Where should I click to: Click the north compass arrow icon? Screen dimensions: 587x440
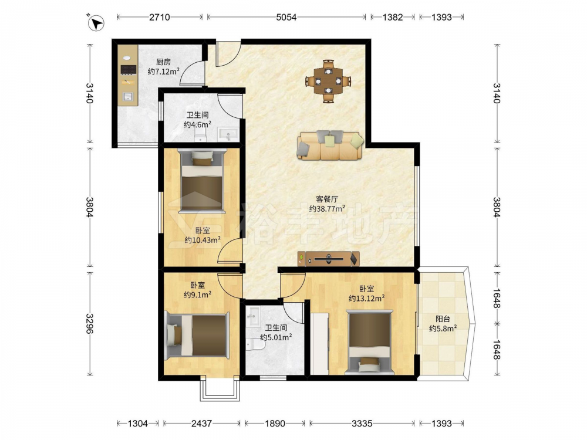point(96,23)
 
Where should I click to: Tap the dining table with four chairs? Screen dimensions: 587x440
point(328,81)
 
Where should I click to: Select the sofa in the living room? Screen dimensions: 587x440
point(330,145)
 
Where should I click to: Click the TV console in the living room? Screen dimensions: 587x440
point(329,259)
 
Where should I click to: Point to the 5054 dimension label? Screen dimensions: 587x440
point(286,17)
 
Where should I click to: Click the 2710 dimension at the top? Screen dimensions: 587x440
point(160,17)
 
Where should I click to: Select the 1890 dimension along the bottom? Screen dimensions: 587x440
point(275,424)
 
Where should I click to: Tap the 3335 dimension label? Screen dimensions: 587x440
point(362,424)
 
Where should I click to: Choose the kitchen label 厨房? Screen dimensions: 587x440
point(163,62)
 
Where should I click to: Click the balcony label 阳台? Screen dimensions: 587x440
point(443,319)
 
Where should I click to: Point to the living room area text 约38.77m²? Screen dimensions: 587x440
point(327,208)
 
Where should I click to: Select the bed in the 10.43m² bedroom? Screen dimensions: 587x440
point(202,180)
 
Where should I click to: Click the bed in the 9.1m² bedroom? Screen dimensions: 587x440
point(197,334)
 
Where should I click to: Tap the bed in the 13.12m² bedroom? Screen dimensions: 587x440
point(369,342)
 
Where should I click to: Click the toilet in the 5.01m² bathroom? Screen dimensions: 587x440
point(255,343)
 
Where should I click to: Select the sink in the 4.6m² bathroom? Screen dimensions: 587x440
point(228,134)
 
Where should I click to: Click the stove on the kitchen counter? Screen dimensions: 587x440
point(129,70)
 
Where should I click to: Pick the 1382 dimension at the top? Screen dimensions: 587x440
point(393,17)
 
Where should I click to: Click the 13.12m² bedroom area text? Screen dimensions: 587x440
point(367,298)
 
